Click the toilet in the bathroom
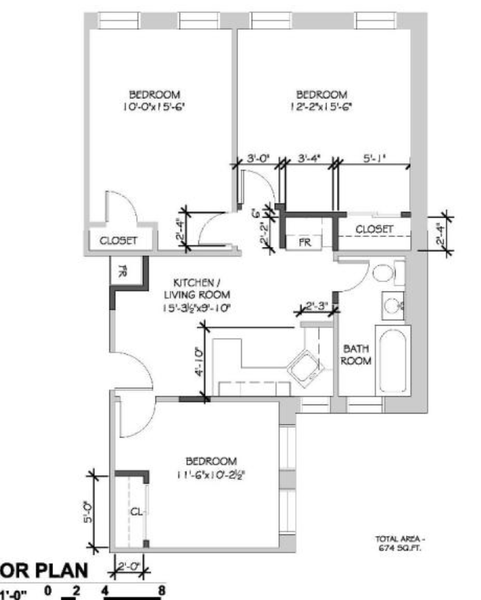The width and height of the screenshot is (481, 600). tap(384, 273)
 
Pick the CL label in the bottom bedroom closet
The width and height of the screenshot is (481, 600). tap(136, 513)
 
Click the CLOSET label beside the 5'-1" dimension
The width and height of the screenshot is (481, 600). tap(374, 229)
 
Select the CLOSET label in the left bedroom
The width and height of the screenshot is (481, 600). tap(118, 241)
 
